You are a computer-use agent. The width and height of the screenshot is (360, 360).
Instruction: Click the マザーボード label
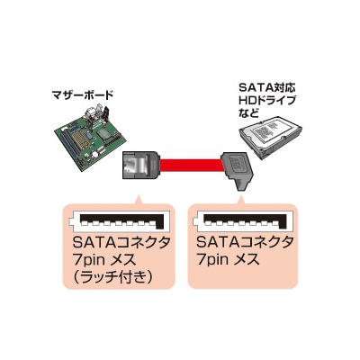tap(83, 95)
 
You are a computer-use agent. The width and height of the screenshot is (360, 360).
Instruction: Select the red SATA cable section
tap(191, 166)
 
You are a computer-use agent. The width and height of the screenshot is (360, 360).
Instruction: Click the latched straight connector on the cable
tap(140, 165)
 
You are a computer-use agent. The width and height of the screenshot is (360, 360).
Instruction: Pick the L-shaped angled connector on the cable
tap(238, 169)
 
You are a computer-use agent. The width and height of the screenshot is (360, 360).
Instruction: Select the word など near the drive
tap(248, 113)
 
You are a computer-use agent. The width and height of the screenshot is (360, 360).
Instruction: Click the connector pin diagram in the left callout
tap(119, 221)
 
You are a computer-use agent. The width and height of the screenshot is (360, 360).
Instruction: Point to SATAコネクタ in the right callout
tap(245, 242)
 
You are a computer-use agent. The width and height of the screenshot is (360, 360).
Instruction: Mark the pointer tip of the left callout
tap(139, 196)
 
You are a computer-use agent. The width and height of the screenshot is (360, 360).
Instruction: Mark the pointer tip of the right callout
tap(240, 195)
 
